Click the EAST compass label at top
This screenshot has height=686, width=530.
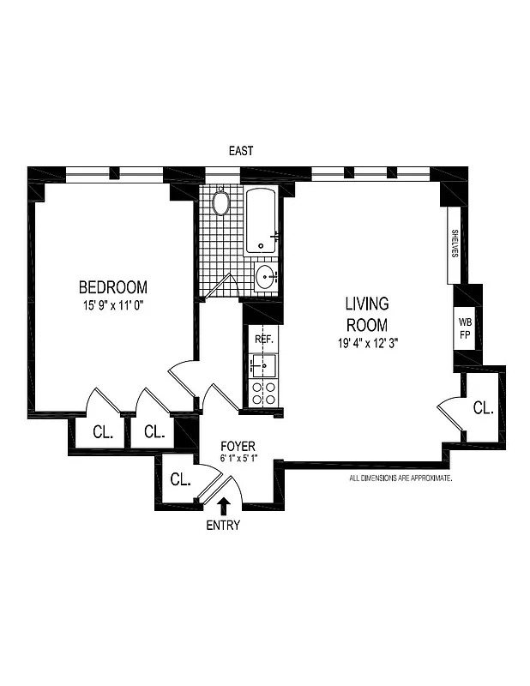[241, 151]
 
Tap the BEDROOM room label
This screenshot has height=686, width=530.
[113, 287]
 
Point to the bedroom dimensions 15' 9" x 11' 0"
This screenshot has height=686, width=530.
[113, 304]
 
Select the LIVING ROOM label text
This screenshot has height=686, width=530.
[367, 314]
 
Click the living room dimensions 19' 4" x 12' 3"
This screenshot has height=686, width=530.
[367, 343]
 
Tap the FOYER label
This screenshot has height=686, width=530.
[238, 446]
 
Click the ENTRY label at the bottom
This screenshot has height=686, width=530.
[224, 526]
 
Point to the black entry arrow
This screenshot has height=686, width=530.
[224, 506]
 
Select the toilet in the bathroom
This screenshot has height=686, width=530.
[221, 203]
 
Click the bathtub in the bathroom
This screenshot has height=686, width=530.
[262, 221]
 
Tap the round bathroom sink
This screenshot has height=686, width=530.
[265, 277]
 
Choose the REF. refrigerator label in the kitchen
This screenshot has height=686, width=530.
[263, 340]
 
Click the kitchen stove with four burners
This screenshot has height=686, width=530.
[262, 393]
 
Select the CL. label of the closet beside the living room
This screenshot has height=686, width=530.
[484, 408]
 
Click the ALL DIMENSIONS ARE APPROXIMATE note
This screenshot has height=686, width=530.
[401, 478]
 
